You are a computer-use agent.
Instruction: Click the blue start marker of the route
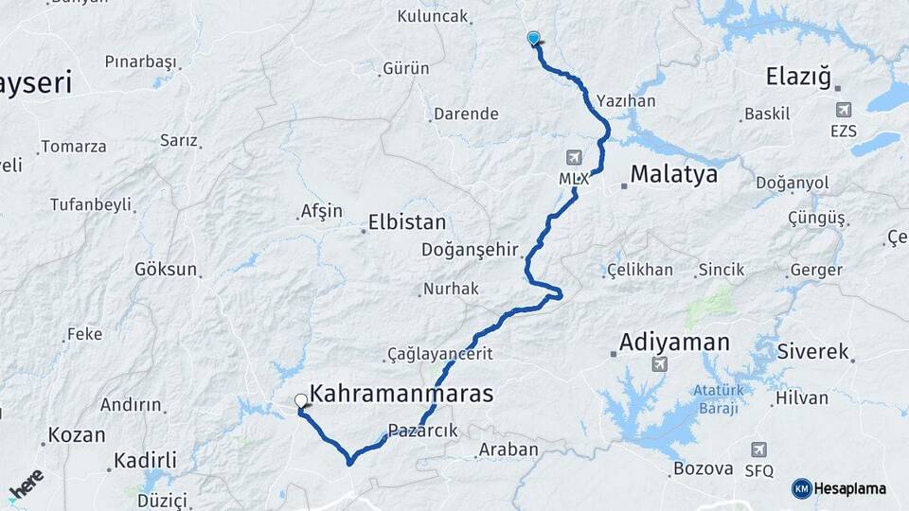(534, 38)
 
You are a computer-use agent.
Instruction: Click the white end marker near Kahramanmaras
(301, 401)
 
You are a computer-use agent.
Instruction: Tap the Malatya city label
(673, 175)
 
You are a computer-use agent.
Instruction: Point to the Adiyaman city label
(674, 342)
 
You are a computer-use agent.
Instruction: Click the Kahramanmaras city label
(401, 394)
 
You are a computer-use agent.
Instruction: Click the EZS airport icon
(842, 111)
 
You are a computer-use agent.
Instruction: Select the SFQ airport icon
(758, 449)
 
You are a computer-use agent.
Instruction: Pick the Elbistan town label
(408, 223)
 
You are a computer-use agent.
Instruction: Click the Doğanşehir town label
(472, 250)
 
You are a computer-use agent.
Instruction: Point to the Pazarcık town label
(423, 431)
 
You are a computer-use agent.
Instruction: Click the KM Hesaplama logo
(839, 488)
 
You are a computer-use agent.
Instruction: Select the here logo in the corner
(26, 485)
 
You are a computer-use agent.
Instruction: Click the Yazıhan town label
(626, 100)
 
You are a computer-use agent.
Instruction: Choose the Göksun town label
(166, 269)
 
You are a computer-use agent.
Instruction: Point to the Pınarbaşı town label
(140, 62)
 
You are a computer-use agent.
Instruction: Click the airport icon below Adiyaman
(660, 364)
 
